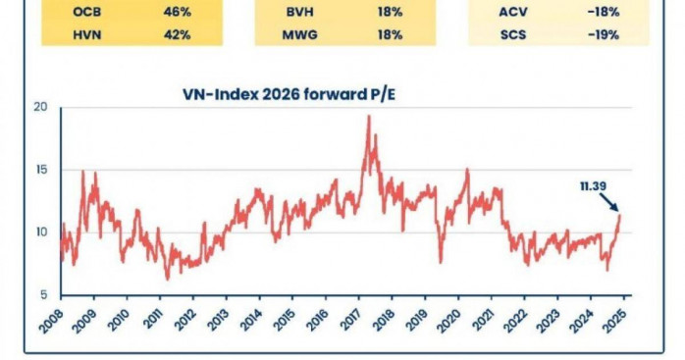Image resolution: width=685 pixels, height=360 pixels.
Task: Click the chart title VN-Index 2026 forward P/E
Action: (289, 94)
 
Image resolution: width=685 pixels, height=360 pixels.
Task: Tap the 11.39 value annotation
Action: (594, 186)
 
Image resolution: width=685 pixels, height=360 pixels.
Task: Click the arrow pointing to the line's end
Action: (609, 203)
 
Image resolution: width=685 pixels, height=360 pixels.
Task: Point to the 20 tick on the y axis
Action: (40, 107)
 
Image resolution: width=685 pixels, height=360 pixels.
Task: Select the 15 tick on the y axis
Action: (41, 170)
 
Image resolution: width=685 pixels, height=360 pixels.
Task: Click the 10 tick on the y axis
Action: (41, 232)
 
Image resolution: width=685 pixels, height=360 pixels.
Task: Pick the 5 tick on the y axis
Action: (44, 295)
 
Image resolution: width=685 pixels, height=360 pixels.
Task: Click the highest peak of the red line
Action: (369, 116)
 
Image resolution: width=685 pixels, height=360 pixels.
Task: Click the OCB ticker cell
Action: (87, 12)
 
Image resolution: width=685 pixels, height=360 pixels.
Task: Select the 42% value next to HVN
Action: (177, 34)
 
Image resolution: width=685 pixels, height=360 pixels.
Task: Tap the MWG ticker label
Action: (299, 34)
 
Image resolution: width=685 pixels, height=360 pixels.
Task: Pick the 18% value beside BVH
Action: (391, 12)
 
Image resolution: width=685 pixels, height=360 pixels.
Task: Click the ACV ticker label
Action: (513, 12)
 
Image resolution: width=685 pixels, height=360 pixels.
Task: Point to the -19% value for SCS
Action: (604, 34)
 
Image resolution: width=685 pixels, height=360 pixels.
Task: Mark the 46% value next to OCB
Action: (177, 12)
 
